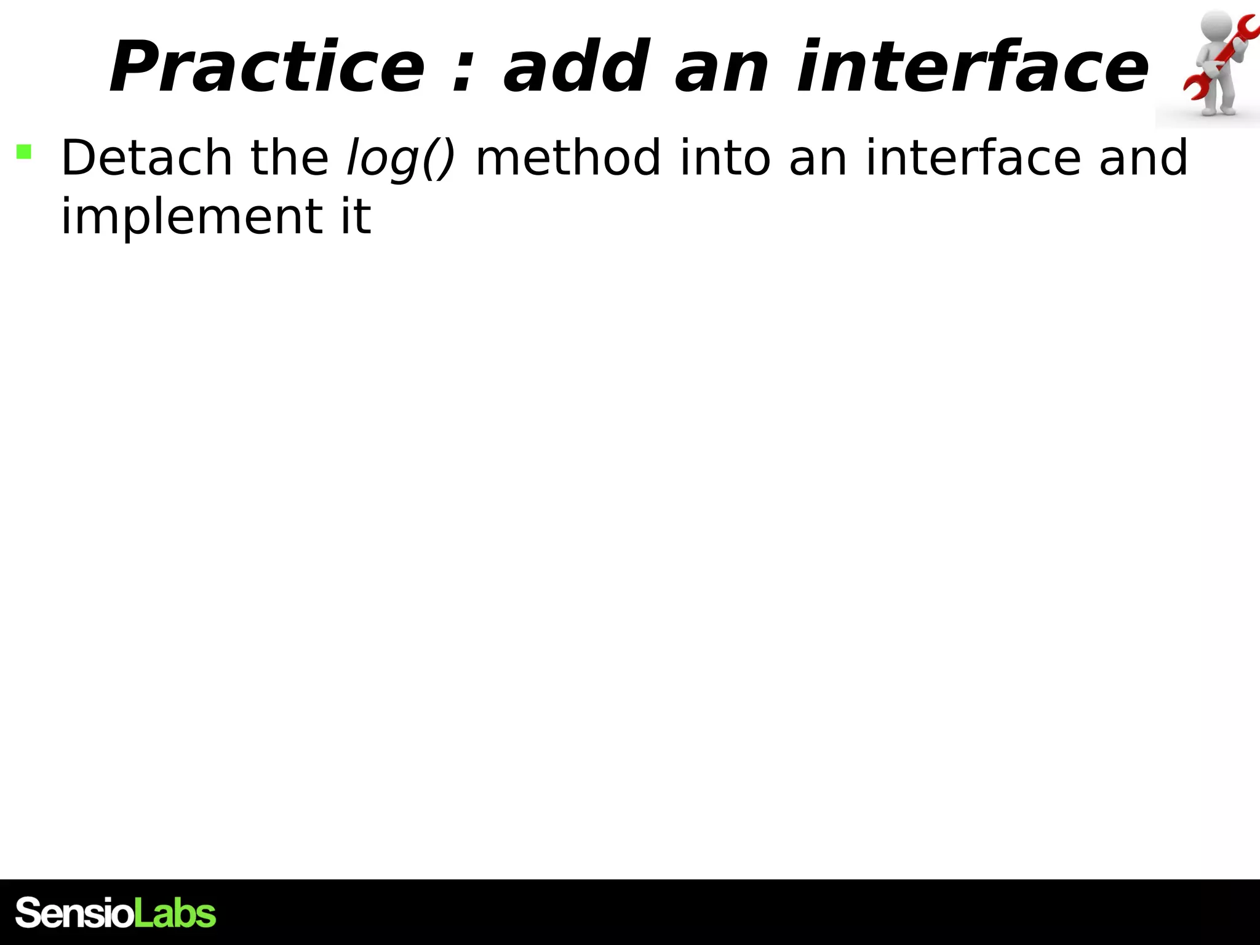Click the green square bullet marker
coord(24,152)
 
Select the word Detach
coord(146,158)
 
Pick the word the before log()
coord(289,158)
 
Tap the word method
coord(568,158)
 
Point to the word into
coord(725,158)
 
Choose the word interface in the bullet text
coord(973,158)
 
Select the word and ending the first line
coord(1143,158)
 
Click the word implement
coord(191,217)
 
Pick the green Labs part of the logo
coord(175,913)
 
